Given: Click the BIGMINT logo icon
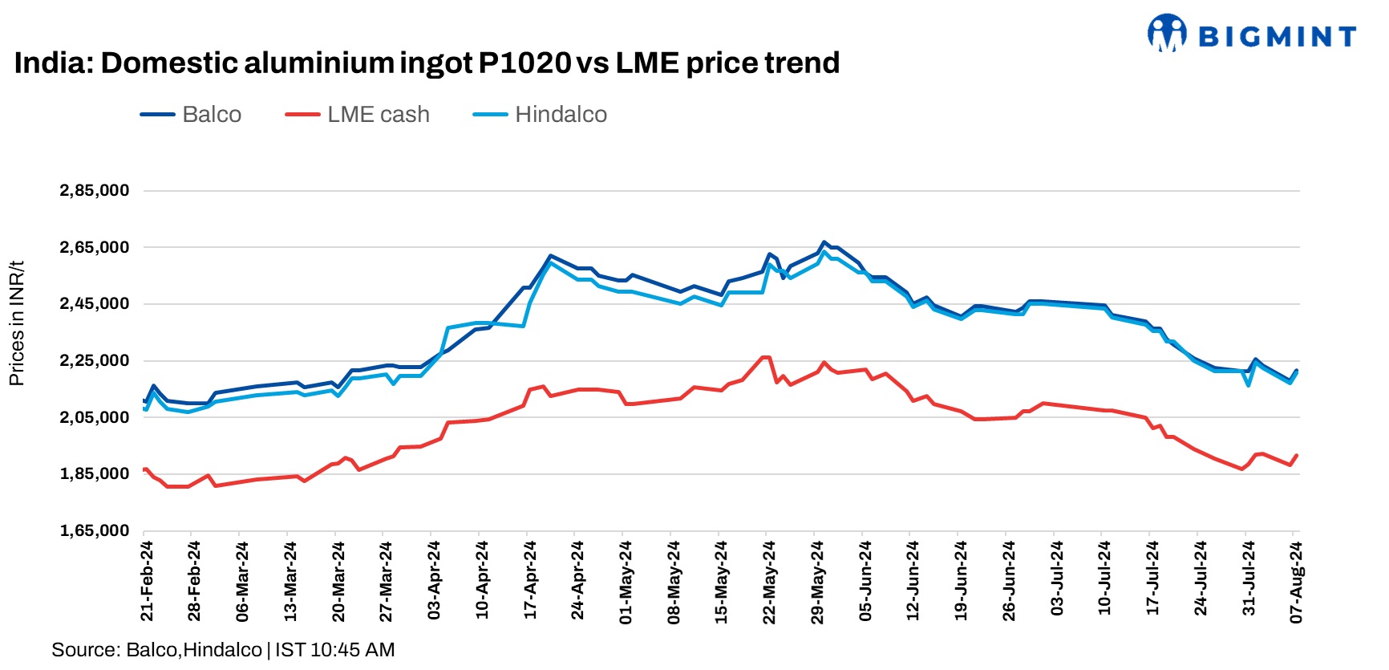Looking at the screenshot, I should pos(1166,33).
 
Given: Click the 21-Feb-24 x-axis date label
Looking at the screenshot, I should pos(147,580).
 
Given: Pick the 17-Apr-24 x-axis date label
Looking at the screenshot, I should pos(530,580).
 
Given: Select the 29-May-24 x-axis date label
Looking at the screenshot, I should pos(817,580).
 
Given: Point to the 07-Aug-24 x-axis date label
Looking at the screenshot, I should pos(1296,580).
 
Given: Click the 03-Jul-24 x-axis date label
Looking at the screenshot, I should pos(1056,580).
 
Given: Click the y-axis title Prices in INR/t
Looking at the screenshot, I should pos(16,323).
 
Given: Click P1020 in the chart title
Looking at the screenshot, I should pos(525,63).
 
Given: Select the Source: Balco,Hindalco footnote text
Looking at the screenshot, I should pos(156,650).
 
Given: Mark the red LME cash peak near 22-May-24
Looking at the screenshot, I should pos(765,357).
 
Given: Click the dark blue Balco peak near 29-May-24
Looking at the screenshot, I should pos(824,242).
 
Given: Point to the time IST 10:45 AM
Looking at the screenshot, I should pos(334,650).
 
